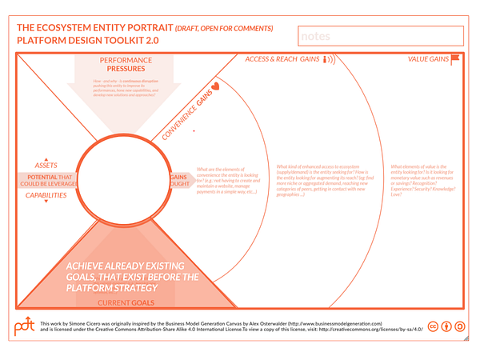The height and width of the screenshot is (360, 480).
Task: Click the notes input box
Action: pyautogui.click(x=380, y=36)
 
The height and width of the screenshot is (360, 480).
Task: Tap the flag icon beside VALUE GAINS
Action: pyautogui.click(x=455, y=58)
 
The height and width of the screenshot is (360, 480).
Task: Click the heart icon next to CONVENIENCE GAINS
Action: pyautogui.click(x=215, y=86)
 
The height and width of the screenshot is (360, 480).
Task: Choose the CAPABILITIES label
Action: pyautogui.click(x=46, y=194)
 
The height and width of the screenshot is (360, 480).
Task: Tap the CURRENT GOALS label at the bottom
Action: pyautogui.click(x=126, y=303)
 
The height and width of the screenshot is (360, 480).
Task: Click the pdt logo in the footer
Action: pyautogui.click(x=24, y=326)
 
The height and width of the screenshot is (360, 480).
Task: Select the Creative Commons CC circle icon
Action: pyautogui.click(x=433, y=326)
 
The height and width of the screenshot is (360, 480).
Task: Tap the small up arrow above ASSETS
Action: pyautogui.click(x=46, y=158)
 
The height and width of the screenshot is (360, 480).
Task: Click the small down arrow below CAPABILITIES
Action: pyautogui.click(x=46, y=202)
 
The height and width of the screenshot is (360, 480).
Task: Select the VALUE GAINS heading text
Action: pyautogui.click(x=427, y=59)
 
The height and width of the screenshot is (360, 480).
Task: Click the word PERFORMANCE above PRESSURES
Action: pyautogui.click(x=126, y=60)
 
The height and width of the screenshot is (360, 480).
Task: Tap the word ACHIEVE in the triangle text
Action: pyautogui.click(x=89, y=266)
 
